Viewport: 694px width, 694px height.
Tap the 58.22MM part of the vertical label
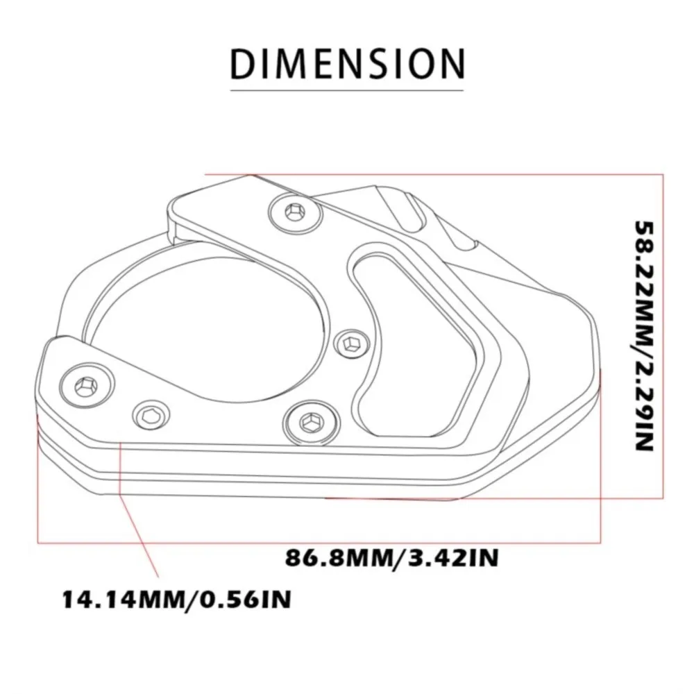click(x=644, y=278)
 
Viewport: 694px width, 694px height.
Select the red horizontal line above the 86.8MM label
click(x=312, y=540)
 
